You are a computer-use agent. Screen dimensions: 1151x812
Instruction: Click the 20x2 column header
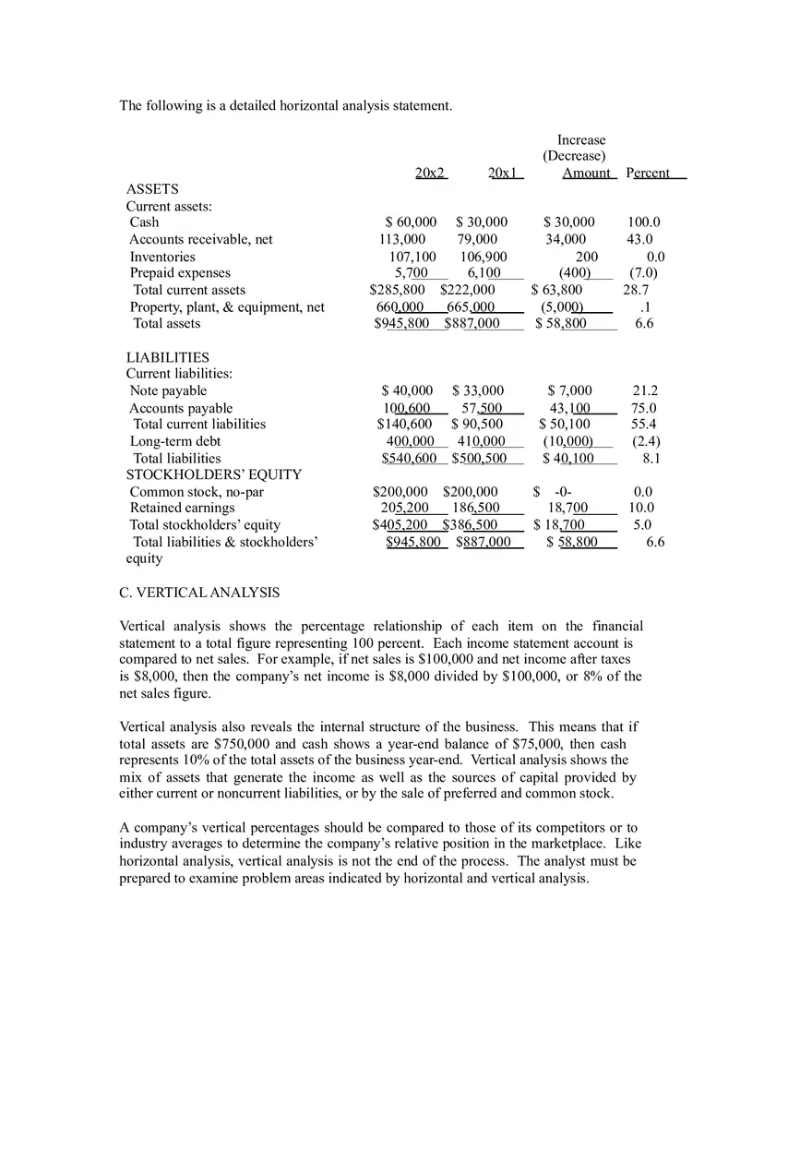(x=430, y=173)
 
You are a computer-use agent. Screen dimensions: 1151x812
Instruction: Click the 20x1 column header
(x=504, y=173)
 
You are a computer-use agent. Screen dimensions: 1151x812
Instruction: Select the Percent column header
(x=648, y=173)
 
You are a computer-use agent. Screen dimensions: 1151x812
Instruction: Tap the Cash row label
(x=144, y=222)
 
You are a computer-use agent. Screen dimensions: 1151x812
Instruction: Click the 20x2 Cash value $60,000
(x=411, y=222)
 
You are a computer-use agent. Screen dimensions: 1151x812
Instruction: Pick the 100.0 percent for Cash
(x=644, y=222)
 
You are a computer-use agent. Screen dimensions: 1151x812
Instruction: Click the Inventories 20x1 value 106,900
(x=484, y=257)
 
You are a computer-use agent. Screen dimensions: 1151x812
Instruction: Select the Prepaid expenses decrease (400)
(x=575, y=273)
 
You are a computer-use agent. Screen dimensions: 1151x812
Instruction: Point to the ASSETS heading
(x=152, y=189)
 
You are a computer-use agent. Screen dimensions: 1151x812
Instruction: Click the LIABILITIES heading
(x=168, y=357)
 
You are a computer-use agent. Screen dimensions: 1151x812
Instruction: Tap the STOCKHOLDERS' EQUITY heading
(x=214, y=474)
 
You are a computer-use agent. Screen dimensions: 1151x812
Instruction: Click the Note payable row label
(x=168, y=391)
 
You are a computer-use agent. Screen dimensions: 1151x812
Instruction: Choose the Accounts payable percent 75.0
(x=644, y=408)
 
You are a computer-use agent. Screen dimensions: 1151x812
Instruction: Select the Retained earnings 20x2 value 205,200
(x=405, y=508)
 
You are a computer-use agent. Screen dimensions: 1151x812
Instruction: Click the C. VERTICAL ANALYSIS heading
(x=199, y=593)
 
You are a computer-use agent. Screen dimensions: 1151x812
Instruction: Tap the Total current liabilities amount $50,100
(x=565, y=425)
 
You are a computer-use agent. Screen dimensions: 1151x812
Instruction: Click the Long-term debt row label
(x=175, y=441)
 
